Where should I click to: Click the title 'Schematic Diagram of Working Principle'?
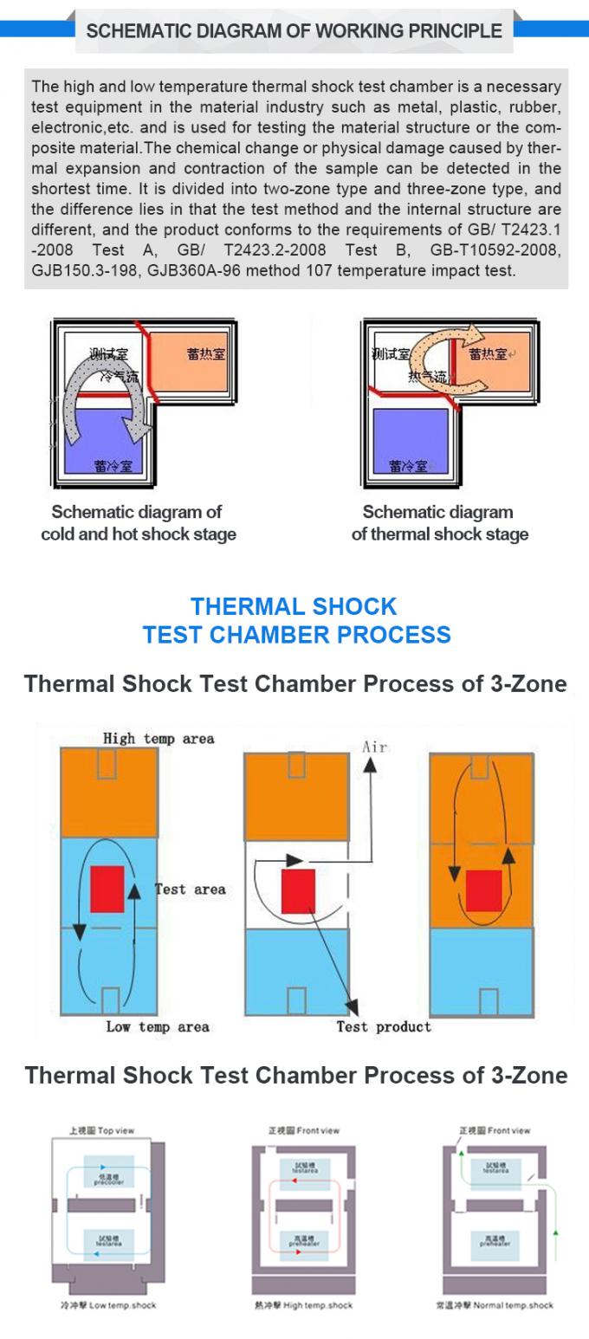tap(294, 31)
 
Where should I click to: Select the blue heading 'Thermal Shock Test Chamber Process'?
tap(295, 620)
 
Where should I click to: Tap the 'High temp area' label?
tap(158, 738)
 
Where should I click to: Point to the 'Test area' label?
tap(191, 889)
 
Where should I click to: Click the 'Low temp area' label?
tap(157, 1026)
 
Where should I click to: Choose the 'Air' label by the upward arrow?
tap(374, 747)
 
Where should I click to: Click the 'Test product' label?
tap(383, 1026)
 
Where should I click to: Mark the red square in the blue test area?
tap(107, 888)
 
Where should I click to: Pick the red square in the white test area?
tap(298, 891)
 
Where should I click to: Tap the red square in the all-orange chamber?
tap(483, 890)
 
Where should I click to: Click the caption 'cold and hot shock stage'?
tap(139, 534)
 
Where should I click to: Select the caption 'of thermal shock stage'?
tap(439, 534)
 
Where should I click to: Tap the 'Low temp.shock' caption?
tap(108, 1304)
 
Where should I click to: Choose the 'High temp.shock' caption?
tap(303, 1304)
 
